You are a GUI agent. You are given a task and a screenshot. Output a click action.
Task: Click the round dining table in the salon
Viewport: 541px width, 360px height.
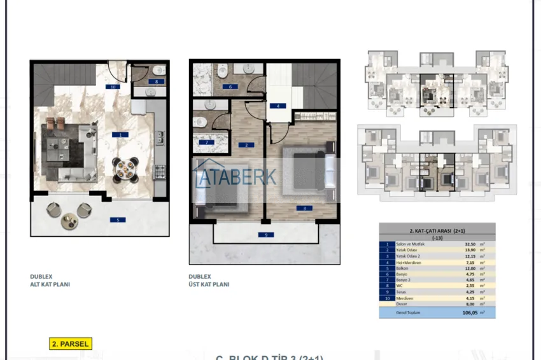125,168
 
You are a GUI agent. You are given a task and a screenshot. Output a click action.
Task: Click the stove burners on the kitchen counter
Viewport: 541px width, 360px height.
159,170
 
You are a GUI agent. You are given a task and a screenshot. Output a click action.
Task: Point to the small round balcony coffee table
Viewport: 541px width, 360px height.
67,222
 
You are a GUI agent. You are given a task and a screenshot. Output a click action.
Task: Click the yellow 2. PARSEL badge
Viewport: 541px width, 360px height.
71,343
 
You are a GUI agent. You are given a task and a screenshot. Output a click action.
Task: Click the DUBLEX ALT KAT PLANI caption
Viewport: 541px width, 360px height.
50,281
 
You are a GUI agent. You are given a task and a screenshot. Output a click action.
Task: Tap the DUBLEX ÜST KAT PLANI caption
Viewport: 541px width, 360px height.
209,281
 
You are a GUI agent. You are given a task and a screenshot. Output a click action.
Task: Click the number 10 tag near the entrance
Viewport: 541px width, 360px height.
113,87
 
